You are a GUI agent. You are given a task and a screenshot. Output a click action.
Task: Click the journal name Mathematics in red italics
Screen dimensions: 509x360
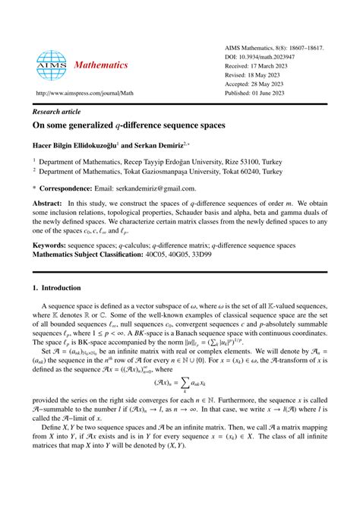101,65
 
